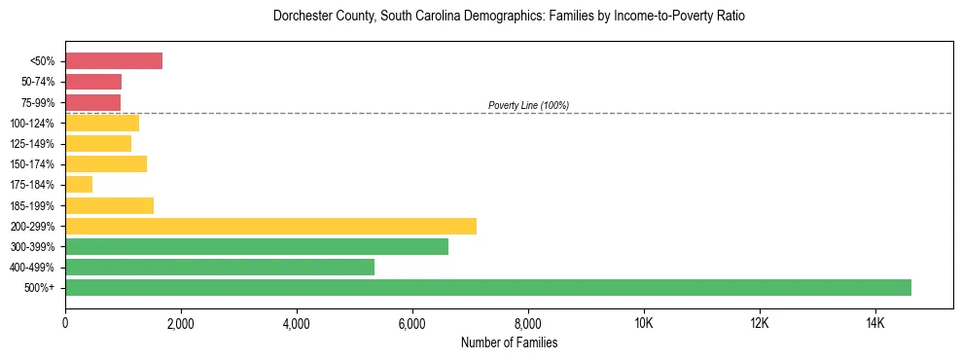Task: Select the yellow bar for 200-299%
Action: click(270, 226)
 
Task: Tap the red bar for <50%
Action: click(114, 61)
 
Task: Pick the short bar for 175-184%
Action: click(79, 185)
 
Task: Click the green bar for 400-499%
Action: click(220, 267)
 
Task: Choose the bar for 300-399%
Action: click(257, 246)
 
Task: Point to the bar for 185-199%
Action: click(109, 205)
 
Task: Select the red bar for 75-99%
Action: click(92, 102)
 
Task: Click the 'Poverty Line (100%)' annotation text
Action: click(528, 105)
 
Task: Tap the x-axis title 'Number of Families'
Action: click(509, 343)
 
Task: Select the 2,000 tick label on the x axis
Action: click(181, 324)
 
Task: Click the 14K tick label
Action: click(874, 324)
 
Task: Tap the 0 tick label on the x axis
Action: click(65, 324)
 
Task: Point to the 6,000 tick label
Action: click(411, 324)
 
